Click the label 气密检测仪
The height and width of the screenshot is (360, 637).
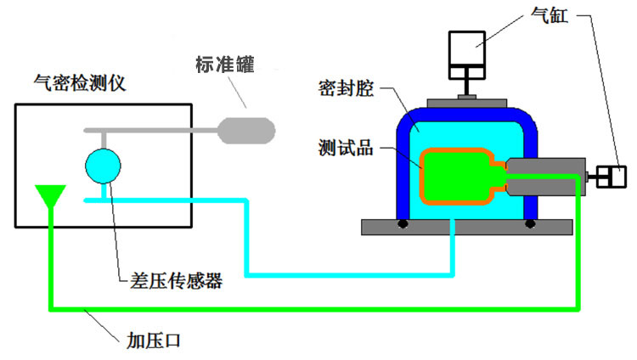pyautogui.click(x=79, y=83)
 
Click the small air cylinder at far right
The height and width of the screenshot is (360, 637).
pyautogui.click(x=610, y=177)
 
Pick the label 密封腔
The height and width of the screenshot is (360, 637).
pyautogui.click(x=346, y=88)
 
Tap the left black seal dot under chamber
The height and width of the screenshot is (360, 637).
pyautogui.click(x=401, y=224)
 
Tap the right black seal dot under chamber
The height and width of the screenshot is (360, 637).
pyautogui.click(x=530, y=224)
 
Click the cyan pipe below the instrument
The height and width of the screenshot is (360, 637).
pyautogui.click(x=246, y=238)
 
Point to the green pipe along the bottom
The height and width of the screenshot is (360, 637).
pyautogui.click(x=314, y=307)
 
